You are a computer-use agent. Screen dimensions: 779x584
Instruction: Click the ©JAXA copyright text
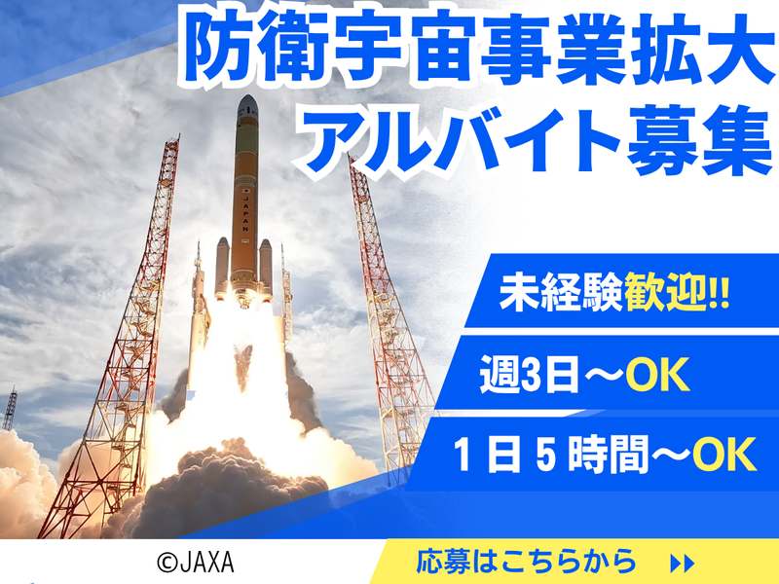(x=196, y=563)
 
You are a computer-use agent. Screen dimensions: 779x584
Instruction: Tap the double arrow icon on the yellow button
(x=683, y=564)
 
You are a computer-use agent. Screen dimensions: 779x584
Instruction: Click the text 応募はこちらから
(x=527, y=562)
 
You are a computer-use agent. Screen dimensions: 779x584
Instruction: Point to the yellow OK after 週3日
(x=657, y=375)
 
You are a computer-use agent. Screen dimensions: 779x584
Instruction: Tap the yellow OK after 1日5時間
(x=724, y=454)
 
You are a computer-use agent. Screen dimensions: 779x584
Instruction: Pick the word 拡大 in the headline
(x=701, y=48)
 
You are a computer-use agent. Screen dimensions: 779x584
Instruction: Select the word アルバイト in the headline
(x=456, y=139)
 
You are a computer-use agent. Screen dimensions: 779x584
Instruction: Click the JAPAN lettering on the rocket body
(x=245, y=213)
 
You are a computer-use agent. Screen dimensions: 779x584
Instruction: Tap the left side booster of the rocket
(x=222, y=269)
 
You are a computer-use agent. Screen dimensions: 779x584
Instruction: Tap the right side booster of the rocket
(x=266, y=270)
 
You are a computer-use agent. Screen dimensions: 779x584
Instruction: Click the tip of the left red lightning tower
(x=178, y=134)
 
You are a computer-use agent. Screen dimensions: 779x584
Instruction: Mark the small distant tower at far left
(x=10, y=409)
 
